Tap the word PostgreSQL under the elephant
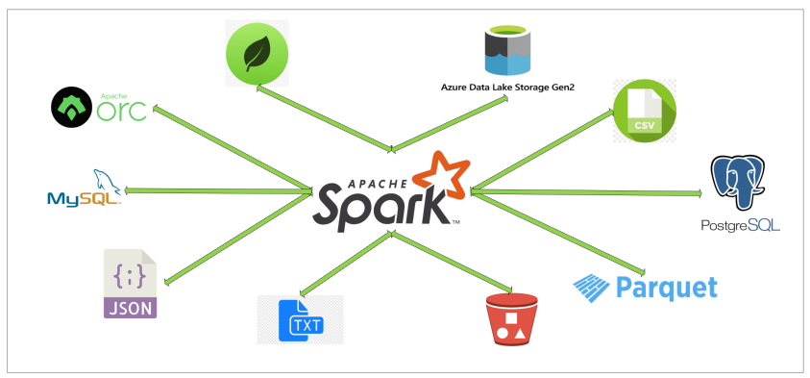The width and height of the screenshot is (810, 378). click(741, 226)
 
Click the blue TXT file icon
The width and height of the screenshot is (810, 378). click(300, 319)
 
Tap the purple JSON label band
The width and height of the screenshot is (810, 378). click(130, 308)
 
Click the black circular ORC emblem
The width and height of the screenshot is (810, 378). click(72, 109)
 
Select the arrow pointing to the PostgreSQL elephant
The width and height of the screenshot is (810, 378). click(586, 192)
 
